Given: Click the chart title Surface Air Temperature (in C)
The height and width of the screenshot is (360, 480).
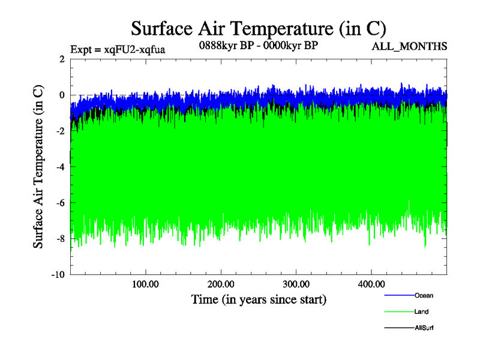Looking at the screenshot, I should [x=258, y=28].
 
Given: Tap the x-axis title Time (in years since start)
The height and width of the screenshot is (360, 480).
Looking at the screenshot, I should [x=259, y=298].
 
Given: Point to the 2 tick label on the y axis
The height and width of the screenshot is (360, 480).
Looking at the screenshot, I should [x=61, y=59].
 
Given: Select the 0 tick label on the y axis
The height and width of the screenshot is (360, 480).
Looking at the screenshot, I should [x=61, y=95].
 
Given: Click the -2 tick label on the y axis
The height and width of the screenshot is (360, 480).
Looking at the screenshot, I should [x=59, y=131].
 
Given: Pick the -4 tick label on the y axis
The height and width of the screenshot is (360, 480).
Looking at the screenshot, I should [x=59, y=167].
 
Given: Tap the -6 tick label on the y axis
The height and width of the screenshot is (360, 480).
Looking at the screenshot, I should [x=59, y=203].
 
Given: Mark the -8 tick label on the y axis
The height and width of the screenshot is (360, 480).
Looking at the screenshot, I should [x=59, y=239].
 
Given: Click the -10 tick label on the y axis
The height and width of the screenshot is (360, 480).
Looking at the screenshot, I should [x=57, y=275].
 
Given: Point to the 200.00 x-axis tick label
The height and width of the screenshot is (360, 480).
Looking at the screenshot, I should [x=221, y=284].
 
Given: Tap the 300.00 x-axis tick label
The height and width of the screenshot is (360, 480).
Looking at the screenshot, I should [x=296, y=284].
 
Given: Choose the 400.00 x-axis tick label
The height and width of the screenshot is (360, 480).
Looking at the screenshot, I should [x=371, y=284].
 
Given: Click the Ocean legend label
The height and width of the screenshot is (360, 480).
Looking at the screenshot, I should [x=423, y=295].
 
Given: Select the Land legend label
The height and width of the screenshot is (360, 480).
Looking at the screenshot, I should [x=421, y=311].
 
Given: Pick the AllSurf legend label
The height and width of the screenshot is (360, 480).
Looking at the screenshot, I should [x=424, y=328].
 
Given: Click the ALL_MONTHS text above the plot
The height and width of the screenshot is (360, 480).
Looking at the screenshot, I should [x=410, y=47].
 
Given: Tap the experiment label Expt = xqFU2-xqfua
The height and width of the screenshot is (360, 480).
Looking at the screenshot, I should [x=118, y=49].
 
